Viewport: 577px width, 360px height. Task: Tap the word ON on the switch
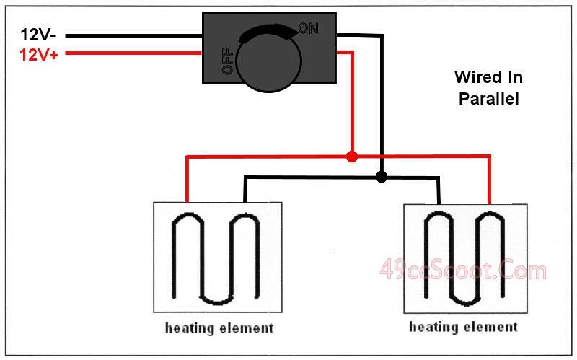coord(308,29)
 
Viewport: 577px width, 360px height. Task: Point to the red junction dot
coord(351,156)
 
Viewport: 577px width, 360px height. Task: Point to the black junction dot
coord(382,176)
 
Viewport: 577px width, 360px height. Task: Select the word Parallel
coord(488,100)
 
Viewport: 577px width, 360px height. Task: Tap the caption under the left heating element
coord(219,328)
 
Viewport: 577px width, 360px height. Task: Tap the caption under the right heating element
coord(463,327)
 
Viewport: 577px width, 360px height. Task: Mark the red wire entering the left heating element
coord(188,180)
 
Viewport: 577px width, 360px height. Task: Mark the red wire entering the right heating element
coord(490,180)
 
